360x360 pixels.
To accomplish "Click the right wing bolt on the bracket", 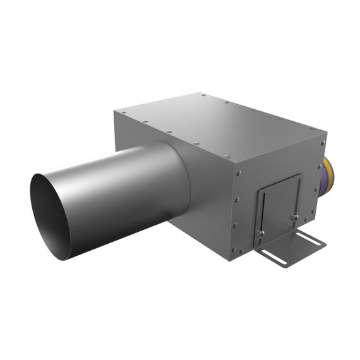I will coord(294,218).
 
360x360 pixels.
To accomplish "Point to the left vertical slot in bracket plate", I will coord(265,215).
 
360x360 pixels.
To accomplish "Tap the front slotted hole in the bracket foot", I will coord(273,255).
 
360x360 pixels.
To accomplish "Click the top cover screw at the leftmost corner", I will coord(117,113).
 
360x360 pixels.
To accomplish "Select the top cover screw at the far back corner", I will coord(204,96).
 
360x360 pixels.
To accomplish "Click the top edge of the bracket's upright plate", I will coord(278,184).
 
